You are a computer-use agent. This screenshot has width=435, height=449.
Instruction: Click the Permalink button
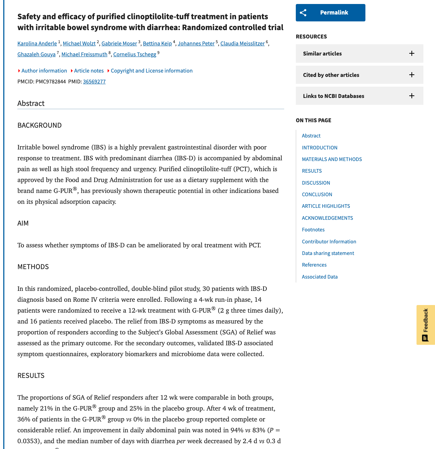pyautogui.click(x=330, y=13)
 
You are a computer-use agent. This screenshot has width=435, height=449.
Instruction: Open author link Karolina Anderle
pyautogui.click(x=37, y=44)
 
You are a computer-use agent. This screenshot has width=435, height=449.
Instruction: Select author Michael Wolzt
pyautogui.click(x=79, y=44)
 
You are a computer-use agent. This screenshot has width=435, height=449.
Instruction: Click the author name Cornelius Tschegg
pyautogui.click(x=134, y=54)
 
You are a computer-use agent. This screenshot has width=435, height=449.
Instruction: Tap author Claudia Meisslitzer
pyautogui.click(x=242, y=44)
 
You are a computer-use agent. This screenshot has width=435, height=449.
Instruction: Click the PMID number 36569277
pyautogui.click(x=94, y=82)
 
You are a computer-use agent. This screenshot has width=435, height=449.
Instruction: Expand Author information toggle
pyautogui.click(x=44, y=71)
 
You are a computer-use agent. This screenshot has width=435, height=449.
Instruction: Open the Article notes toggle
pyautogui.click(x=88, y=71)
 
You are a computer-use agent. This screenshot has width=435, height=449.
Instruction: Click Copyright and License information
pyautogui.click(x=152, y=71)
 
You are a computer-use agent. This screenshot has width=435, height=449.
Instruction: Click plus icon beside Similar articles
pyautogui.click(x=411, y=54)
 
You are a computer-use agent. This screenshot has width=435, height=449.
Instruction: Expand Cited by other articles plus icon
pyautogui.click(x=411, y=75)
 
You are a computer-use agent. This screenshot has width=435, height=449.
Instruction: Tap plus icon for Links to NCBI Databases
pyautogui.click(x=411, y=96)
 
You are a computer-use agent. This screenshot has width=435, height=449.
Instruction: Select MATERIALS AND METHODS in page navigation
pyautogui.click(x=332, y=159)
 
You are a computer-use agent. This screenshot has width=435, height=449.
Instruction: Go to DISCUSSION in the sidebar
pyautogui.click(x=316, y=183)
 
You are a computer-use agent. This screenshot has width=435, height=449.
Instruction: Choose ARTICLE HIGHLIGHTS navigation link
pyautogui.click(x=326, y=206)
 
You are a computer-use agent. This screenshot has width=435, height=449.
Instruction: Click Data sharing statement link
pyautogui.click(x=328, y=253)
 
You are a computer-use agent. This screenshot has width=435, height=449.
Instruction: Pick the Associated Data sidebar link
pyautogui.click(x=319, y=277)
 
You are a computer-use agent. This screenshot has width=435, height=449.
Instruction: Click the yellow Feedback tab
pyautogui.click(x=426, y=325)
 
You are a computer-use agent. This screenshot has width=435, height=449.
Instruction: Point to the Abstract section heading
pyautogui.click(x=31, y=103)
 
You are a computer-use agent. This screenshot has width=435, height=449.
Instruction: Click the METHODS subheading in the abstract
pyautogui.click(x=33, y=267)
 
